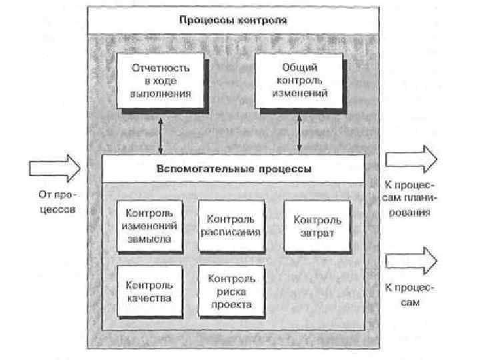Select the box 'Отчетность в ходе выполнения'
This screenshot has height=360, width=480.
(160, 81)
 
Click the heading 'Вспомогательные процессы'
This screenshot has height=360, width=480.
(233, 168)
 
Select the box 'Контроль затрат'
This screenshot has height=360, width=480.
(317, 226)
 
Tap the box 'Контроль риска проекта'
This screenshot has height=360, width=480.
(231, 291)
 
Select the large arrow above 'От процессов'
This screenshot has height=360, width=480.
(54, 167)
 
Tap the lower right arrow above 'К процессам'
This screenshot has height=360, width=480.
(412, 259)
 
